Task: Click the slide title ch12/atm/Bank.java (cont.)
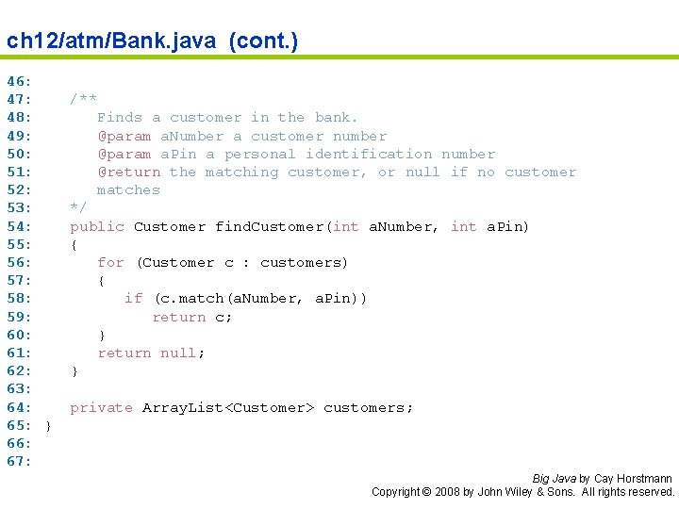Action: (152, 41)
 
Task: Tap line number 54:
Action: (20, 226)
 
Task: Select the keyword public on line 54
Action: (97, 226)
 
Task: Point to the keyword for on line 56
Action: (110, 262)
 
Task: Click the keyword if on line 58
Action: (133, 298)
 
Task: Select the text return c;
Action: (192, 317)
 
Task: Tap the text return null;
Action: (151, 353)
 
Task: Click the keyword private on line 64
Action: (102, 407)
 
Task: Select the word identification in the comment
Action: (369, 154)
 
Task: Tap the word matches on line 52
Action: (128, 189)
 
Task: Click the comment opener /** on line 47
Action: (83, 99)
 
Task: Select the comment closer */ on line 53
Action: (78, 207)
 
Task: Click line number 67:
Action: (20, 461)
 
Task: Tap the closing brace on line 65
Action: (48, 425)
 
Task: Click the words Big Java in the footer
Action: (554, 479)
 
